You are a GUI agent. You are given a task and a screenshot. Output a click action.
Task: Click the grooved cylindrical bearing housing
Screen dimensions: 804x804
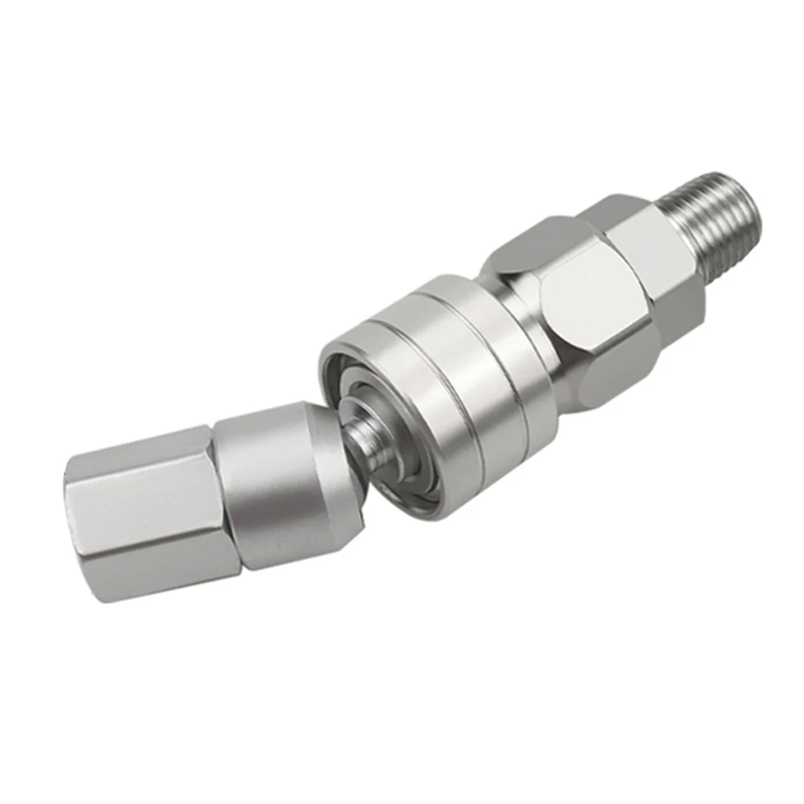click(450, 394)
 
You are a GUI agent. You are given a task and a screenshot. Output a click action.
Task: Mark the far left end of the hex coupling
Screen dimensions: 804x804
click(76, 522)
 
